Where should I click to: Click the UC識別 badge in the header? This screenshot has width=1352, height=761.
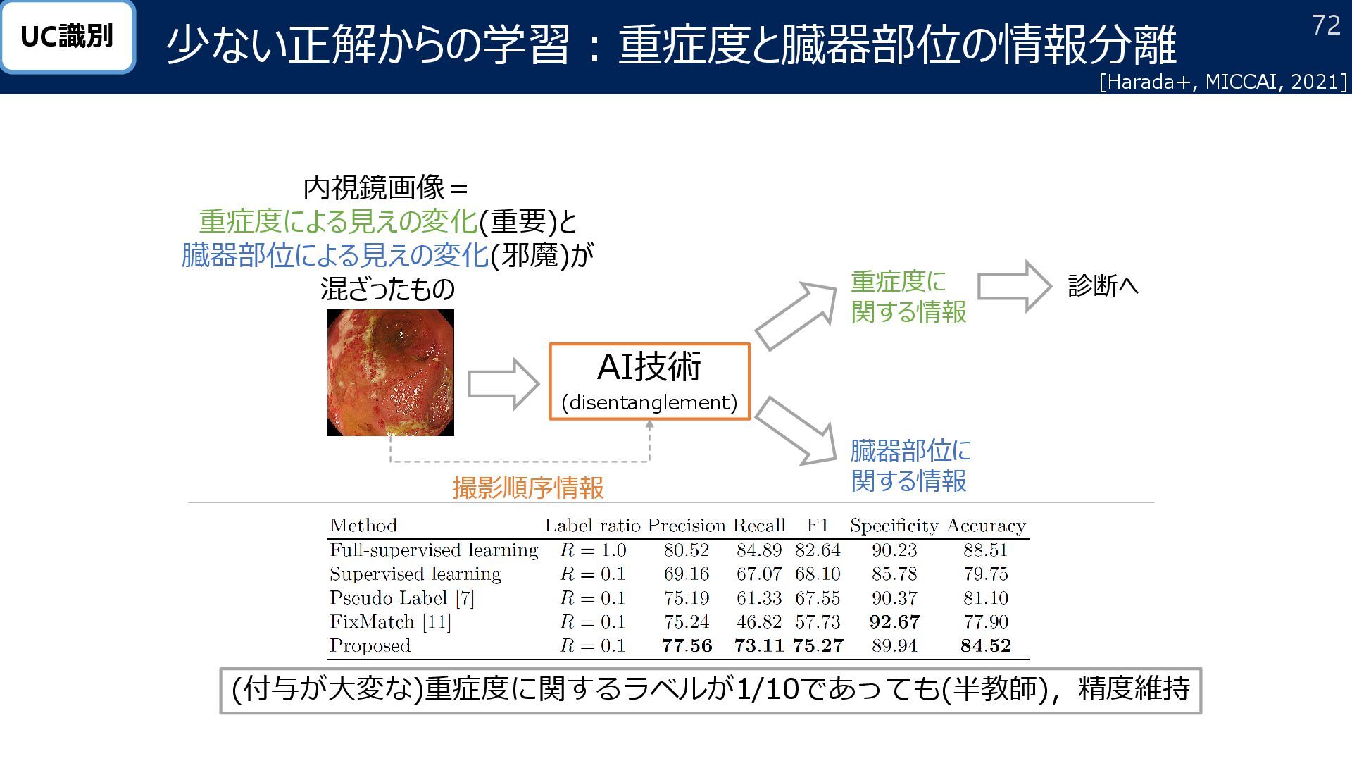(67, 37)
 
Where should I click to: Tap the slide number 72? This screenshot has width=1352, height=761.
(1326, 26)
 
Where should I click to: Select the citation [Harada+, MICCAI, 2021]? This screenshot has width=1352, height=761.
(1222, 82)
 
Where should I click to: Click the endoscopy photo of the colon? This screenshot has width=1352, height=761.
(390, 373)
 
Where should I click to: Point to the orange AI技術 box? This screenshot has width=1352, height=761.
(649, 381)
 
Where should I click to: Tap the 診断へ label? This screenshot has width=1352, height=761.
(1103, 286)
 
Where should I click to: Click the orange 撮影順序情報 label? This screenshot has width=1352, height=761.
(528, 488)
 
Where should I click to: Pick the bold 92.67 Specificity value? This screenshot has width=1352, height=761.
(894, 621)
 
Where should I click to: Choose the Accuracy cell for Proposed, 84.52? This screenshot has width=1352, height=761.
(985, 645)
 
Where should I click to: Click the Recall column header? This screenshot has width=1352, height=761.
(758, 526)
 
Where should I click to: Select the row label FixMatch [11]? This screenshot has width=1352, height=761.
(390, 621)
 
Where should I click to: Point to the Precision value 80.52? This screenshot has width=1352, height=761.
(686, 550)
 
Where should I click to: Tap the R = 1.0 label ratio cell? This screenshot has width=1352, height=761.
(593, 550)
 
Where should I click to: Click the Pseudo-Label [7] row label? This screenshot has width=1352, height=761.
(401, 598)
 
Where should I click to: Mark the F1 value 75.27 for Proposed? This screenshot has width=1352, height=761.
(818, 645)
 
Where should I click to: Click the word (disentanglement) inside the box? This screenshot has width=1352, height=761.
(649, 402)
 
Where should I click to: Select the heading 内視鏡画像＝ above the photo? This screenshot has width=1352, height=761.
(385, 188)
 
